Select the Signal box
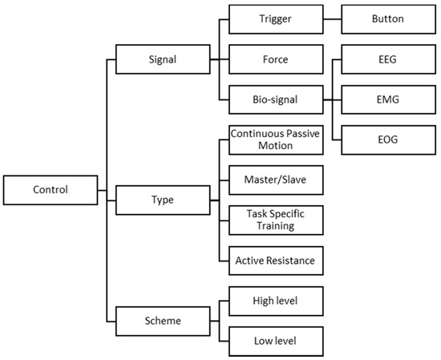(x=163, y=58)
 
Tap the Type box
(x=163, y=198)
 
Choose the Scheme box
(x=163, y=320)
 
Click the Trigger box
(x=275, y=18)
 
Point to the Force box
(x=275, y=58)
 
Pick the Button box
(x=387, y=18)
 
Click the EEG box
(x=387, y=58)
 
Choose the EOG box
(x=387, y=140)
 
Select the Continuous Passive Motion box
(x=275, y=140)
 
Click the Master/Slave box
(x=275, y=180)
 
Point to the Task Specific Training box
(x=275, y=220)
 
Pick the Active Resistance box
(x=275, y=260)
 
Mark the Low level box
(x=275, y=340)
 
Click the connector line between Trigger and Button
(x=331, y=18)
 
